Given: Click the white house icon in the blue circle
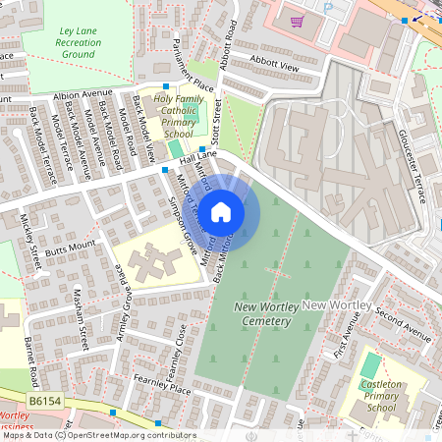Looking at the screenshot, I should [x=221, y=211].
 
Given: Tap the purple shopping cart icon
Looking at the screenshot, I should [x=296, y=20].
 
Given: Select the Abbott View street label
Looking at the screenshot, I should [x=274, y=63].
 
